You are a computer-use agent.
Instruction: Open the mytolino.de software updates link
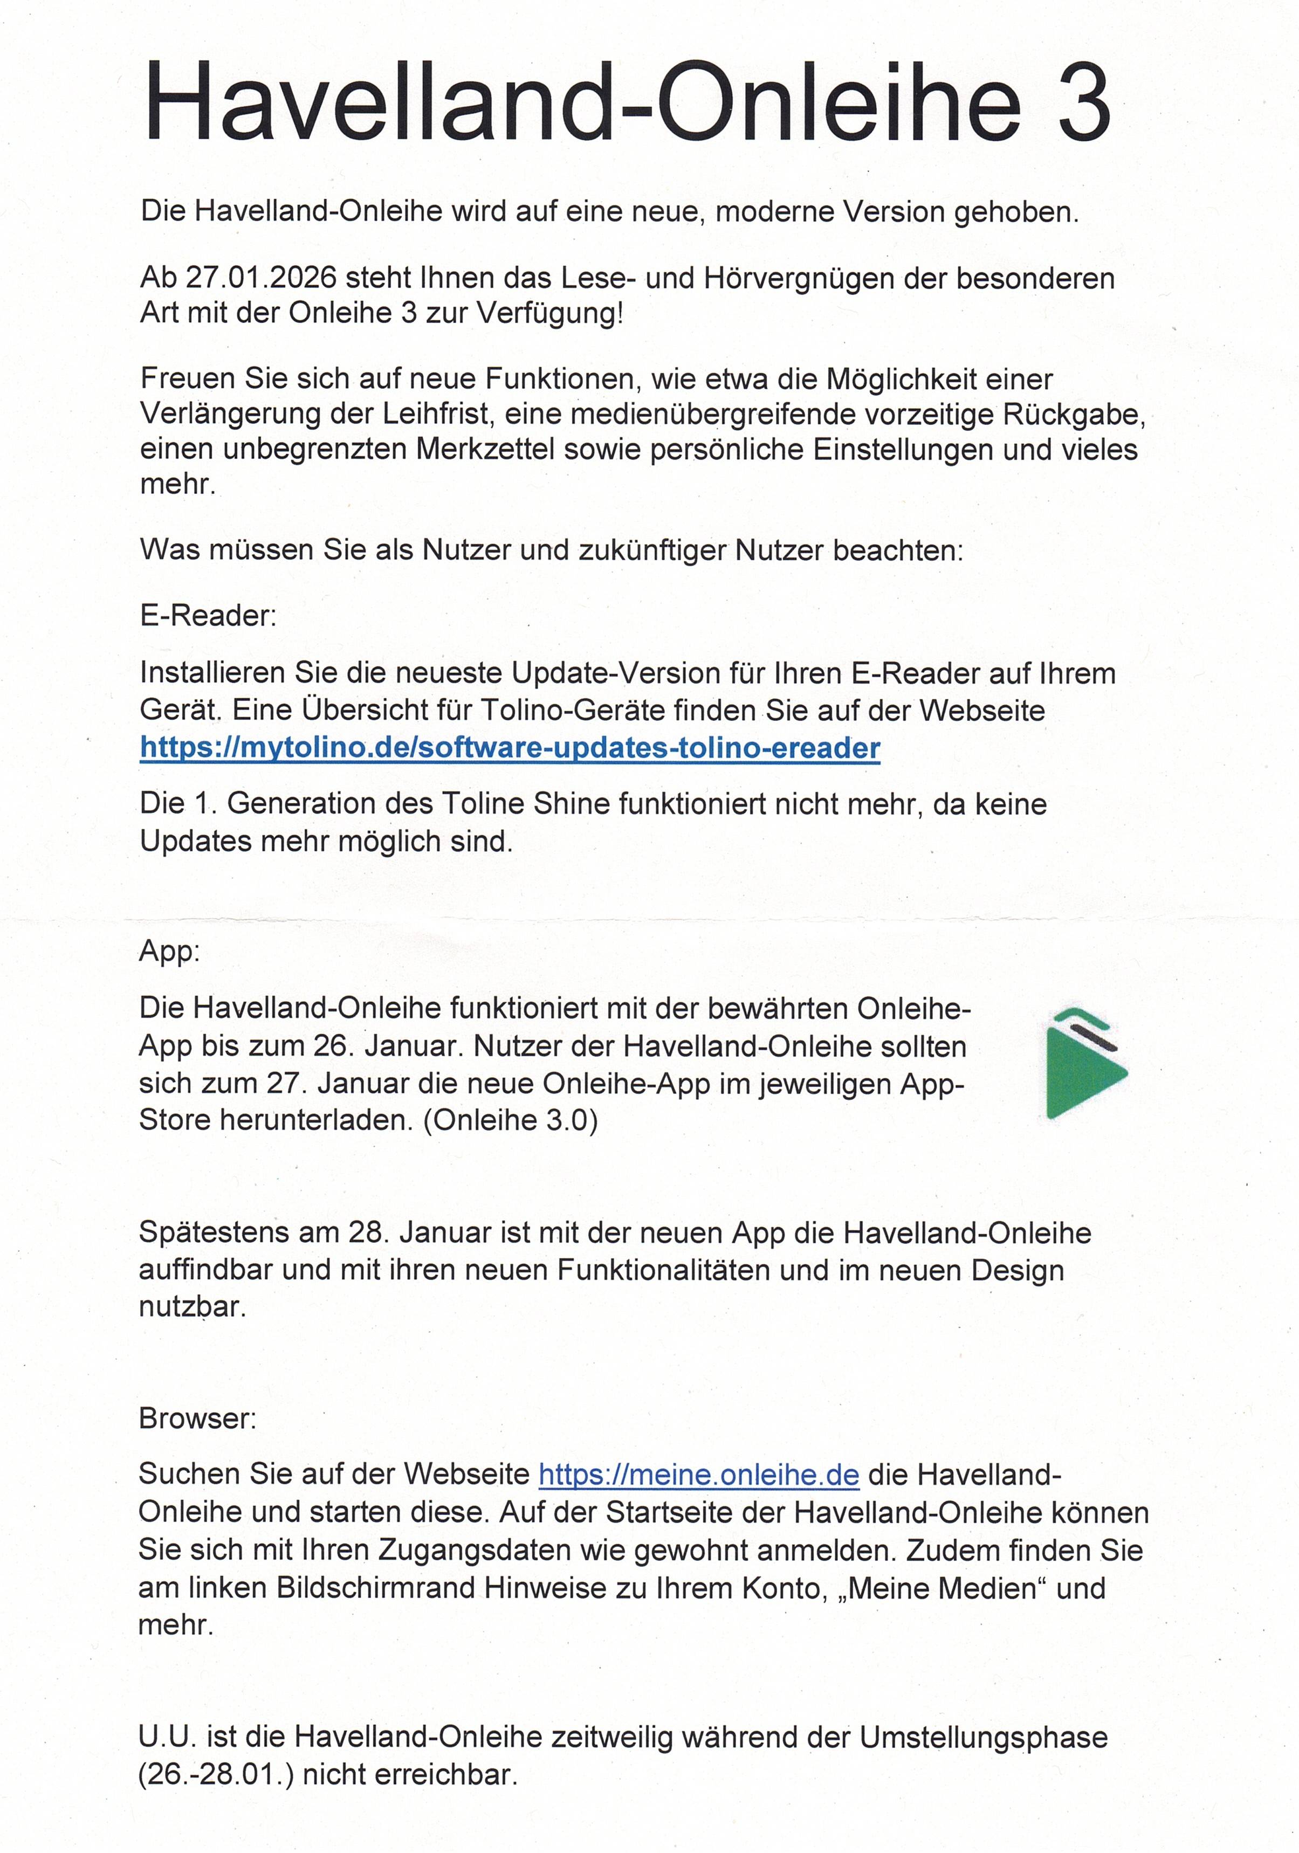coord(510,747)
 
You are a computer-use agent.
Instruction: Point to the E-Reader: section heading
coord(208,616)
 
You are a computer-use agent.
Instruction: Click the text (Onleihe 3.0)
coord(510,1120)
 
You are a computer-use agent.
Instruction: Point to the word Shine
coord(573,804)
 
